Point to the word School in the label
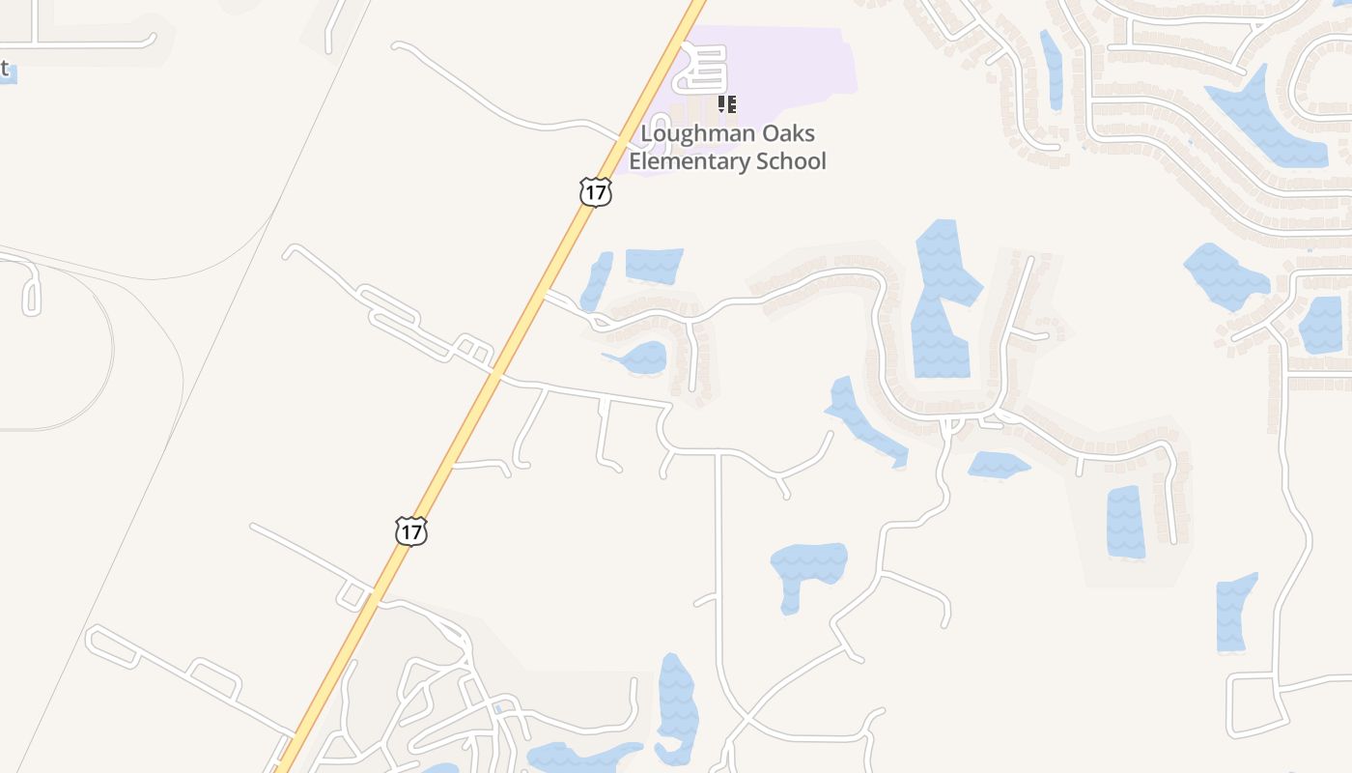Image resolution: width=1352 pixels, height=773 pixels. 791,160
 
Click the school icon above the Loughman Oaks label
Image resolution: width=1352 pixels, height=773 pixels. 727,103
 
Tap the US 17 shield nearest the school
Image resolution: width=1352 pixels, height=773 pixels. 596,191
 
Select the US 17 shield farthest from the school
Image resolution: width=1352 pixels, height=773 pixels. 410,530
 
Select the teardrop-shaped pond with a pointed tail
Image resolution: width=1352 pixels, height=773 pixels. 640,358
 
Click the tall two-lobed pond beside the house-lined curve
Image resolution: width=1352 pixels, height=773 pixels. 941,300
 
